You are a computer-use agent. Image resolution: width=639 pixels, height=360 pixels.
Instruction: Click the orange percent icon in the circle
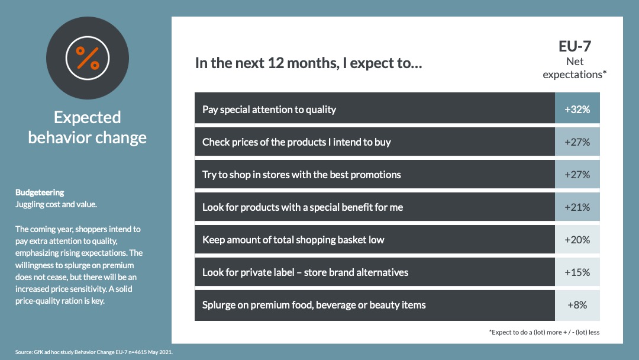[88, 58]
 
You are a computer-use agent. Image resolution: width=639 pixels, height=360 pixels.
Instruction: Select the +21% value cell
[577, 207]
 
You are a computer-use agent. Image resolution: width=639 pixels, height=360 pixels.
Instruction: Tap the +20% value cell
[577, 239]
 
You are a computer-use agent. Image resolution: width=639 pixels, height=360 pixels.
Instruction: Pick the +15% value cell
[577, 272]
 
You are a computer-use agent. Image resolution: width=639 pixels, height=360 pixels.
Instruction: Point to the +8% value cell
[577, 306]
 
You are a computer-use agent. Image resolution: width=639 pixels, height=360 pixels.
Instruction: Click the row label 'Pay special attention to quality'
[269, 110]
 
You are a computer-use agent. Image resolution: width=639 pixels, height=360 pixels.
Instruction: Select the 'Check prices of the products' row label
[296, 142]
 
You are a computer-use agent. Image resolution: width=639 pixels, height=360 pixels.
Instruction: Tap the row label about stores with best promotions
[302, 175]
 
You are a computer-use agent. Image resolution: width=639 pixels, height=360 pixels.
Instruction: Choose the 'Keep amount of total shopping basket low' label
[293, 240]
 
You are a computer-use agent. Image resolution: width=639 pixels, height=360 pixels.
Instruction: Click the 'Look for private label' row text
[305, 272]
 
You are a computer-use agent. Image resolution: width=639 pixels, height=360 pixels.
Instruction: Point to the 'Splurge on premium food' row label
[314, 305]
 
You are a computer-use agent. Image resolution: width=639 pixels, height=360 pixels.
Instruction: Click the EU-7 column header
[575, 46]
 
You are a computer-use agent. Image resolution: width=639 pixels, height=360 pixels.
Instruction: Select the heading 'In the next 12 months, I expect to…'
[308, 63]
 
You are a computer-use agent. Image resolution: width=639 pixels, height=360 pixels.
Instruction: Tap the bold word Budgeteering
[40, 192]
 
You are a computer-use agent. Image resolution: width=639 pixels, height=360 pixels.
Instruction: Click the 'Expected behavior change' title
[87, 127]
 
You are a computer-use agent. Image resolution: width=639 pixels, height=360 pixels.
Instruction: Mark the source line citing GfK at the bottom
[93, 352]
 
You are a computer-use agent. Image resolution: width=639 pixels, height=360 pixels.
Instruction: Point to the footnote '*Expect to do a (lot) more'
[544, 332]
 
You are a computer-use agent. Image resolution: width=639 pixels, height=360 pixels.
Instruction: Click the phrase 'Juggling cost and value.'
[56, 204]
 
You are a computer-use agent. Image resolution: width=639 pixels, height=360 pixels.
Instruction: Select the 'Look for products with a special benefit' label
[302, 207]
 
